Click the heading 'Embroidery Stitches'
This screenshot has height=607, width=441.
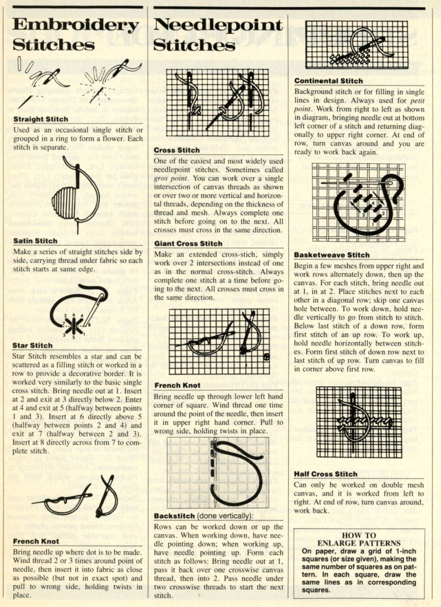[75, 34]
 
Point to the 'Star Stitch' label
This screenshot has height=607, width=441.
[31, 345]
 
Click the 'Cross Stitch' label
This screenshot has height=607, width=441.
[177, 150]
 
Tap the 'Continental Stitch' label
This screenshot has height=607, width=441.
[329, 81]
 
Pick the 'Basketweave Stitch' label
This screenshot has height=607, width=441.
[332, 255]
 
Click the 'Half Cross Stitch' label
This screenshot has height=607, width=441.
[326, 473]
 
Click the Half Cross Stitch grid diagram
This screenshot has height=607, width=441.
[353, 422]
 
